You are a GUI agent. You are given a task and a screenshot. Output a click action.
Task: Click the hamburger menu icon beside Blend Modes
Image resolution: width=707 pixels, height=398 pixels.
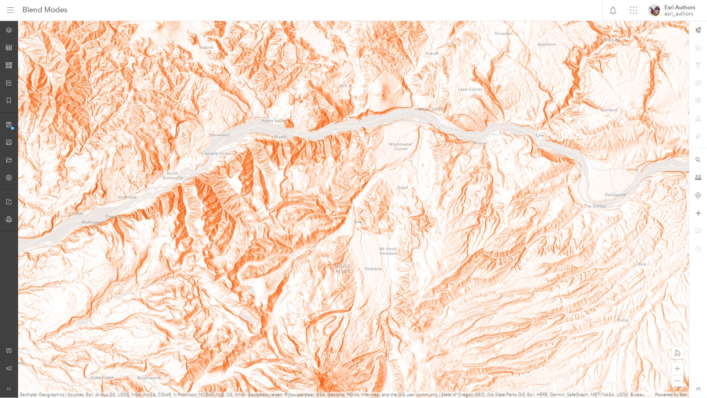tap(10, 10)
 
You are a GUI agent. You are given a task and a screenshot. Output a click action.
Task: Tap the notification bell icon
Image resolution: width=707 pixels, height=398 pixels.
tap(613, 10)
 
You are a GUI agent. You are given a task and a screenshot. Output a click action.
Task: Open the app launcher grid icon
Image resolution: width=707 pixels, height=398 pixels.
tap(633, 10)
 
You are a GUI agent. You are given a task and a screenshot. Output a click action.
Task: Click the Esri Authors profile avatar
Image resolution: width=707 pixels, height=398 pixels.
tap(654, 10)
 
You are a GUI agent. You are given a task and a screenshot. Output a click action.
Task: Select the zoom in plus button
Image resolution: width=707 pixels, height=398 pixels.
tap(677, 369)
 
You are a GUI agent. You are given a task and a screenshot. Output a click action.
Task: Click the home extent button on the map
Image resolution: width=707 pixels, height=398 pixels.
tap(677, 353)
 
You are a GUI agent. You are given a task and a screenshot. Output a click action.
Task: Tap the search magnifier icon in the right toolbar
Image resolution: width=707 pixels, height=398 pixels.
tap(698, 160)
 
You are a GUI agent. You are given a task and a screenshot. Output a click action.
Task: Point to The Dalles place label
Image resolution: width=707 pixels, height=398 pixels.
tap(594, 206)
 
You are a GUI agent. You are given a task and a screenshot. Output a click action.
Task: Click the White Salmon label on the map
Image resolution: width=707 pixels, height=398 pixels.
tap(432, 109)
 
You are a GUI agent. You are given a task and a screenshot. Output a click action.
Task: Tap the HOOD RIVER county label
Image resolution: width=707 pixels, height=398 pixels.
tap(343, 269)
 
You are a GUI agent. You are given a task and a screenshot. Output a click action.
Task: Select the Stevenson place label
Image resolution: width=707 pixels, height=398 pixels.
tap(219, 135)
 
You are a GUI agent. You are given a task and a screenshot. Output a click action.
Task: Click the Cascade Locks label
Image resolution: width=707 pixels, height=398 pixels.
tap(216, 153)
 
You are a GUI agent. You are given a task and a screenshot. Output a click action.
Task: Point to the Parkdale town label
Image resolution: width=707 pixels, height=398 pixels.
tap(373, 269)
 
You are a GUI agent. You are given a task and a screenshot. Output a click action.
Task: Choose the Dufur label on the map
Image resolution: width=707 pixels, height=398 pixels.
tap(623, 320)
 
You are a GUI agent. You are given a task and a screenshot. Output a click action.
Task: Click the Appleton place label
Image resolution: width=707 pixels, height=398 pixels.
tap(546, 44)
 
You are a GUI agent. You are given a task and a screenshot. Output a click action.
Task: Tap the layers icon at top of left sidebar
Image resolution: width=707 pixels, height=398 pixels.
tap(9, 30)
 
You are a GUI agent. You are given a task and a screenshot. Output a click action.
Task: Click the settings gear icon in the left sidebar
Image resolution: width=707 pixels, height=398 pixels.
tap(9, 178)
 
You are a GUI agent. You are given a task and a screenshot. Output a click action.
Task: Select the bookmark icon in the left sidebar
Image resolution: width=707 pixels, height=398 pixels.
tap(9, 101)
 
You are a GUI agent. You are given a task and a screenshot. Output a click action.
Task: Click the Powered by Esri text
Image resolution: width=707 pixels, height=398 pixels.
tap(671, 394)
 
